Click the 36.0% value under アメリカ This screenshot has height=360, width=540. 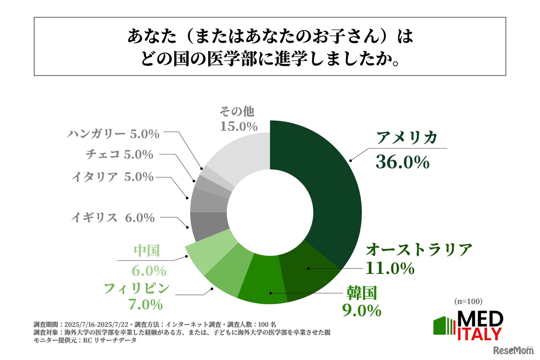click(402, 162)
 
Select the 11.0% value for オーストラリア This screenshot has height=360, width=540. click(390, 268)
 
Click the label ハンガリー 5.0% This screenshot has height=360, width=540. click(113, 134)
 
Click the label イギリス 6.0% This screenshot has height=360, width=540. click(113, 218)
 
